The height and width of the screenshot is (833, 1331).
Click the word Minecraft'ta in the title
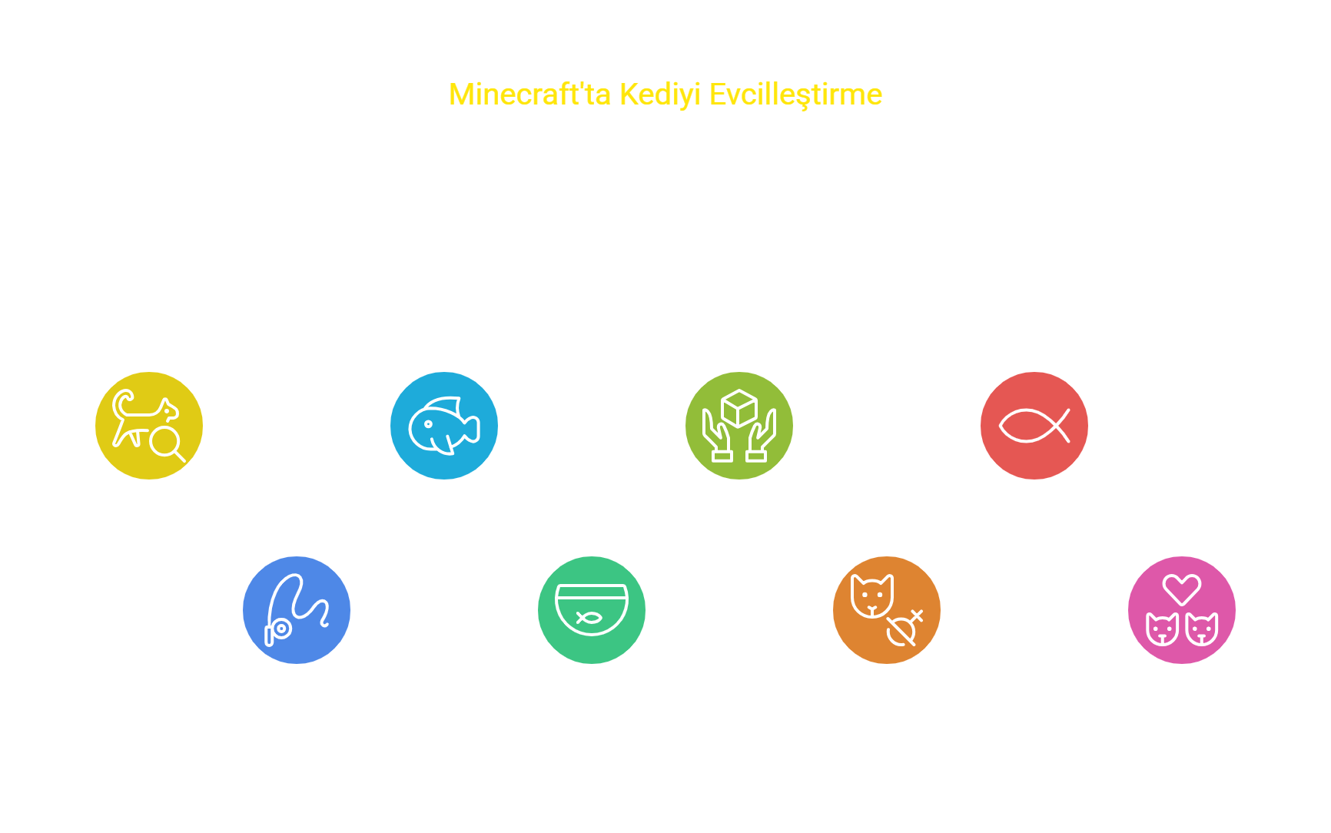529,95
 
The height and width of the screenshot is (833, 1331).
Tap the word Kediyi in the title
660,95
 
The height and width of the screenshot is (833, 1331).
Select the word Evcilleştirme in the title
795,95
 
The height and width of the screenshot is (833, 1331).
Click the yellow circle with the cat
149,426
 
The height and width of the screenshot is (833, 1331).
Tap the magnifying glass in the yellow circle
167,443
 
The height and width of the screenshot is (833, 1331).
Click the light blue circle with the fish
444,426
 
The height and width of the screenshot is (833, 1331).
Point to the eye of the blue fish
428,424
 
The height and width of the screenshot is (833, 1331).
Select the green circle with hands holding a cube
739,426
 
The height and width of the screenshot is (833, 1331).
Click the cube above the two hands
739,408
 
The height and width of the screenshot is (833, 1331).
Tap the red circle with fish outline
1034,426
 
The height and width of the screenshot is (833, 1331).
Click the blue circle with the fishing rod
297,610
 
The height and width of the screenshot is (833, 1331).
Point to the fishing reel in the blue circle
282,629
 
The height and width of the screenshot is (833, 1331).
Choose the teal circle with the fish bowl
592,610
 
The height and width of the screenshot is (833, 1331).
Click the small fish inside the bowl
589,617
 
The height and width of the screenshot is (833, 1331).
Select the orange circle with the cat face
887,610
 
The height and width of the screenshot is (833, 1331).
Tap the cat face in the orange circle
872,596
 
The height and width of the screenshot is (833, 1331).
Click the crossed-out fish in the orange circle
904,628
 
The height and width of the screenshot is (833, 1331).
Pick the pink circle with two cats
1182,610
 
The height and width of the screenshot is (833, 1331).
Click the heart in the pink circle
1182,589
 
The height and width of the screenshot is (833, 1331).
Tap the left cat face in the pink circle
1163,629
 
